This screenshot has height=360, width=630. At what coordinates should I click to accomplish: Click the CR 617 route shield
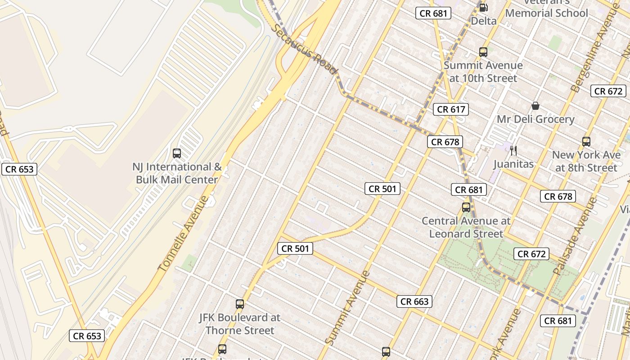451,109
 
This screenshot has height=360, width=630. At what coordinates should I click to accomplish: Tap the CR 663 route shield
414,301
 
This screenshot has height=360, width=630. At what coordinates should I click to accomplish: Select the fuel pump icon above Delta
483,7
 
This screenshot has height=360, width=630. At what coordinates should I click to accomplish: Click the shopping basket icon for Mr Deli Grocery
535,106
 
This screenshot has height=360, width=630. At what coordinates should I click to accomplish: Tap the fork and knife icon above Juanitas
513,150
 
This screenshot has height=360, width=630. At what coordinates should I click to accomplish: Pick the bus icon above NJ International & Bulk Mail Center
177,153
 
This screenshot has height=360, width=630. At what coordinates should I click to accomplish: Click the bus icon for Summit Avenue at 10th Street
483,52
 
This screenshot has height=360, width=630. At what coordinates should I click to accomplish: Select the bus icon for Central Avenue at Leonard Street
466,207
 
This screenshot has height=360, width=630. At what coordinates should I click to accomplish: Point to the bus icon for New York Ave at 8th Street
586,142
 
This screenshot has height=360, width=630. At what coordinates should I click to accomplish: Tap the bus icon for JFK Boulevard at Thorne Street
240,304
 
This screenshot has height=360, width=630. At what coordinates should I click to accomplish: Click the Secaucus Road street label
304,49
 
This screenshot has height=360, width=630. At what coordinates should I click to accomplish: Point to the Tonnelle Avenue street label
183,234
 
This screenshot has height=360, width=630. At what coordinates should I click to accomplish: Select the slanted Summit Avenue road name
347,308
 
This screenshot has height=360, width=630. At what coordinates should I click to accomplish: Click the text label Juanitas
513,164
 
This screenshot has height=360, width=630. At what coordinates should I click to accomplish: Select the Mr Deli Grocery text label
535,119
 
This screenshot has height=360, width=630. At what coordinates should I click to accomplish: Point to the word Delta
484,21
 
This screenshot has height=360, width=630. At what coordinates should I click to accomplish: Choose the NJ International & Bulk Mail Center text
177,173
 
